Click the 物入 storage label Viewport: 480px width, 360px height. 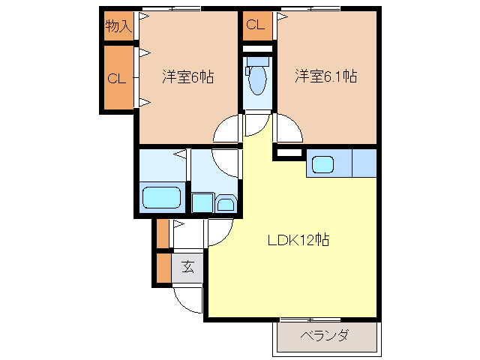(x=118, y=27)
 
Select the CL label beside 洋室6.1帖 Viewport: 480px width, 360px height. (x=255, y=25)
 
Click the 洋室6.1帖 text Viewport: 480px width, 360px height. (x=325, y=76)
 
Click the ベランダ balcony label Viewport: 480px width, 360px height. (x=324, y=336)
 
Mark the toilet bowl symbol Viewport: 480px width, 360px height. (x=257, y=79)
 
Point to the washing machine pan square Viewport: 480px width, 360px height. (x=202, y=202)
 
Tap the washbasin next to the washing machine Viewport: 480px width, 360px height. (x=226, y=202)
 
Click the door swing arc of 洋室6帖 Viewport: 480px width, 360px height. (x=226, y=130)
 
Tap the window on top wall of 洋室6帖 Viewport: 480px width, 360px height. (x=172, y=9)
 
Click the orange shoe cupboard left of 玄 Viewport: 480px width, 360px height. (x=163, y=266)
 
